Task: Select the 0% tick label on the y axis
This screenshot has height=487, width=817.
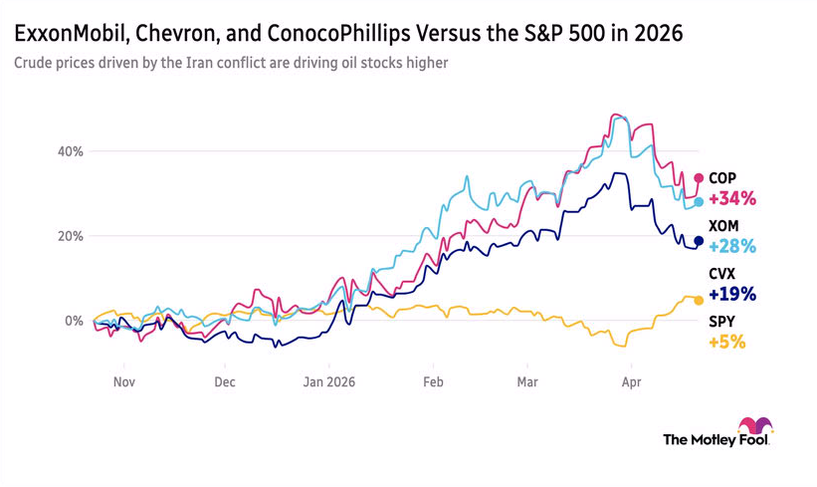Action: [x=73, y=321]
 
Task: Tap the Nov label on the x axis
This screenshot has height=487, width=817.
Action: [x=123, y=381]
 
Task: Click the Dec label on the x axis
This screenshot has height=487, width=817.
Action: [x=224, y=381]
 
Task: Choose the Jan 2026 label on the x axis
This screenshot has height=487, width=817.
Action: [x=329, y=381]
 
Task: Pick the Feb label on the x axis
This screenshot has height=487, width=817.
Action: [x=431, y=381]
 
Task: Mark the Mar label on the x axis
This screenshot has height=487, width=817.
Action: [x=527, y=381]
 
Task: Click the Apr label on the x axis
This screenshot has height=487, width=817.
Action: [x=629, y=381]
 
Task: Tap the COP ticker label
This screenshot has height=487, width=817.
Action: [x=722, y=178]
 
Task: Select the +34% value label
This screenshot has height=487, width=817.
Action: [x=731, y=198]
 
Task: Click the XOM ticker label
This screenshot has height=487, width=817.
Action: [x=723, y=226]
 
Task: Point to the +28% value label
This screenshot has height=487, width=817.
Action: [x=731, y=246]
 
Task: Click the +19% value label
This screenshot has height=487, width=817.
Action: [x=731, y=294]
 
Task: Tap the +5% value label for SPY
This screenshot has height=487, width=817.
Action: [x=726, y=342]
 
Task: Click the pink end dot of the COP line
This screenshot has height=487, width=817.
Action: [x=699, y=178]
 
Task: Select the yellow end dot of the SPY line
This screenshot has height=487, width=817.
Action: [x=699, y=300]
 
